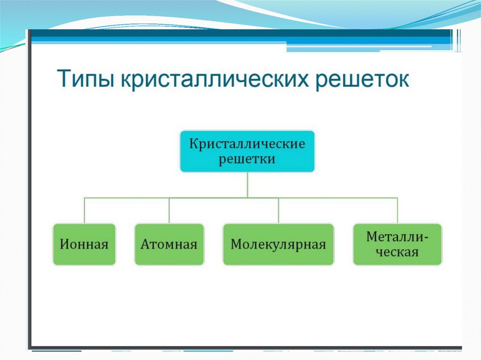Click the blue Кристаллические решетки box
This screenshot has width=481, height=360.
pyautogui.click(x=247, y=151)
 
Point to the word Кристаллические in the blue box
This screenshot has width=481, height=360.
pyautogui.click(x=247, y=143)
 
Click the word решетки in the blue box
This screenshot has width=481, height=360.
pyautogui.click(x=247, y=159)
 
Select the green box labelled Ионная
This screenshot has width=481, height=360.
pyautogui.click(x=84, y=244)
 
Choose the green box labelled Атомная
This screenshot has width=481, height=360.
pyautogui.click(x=169, y=244)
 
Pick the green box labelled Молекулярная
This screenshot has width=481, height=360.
pyautogui.click(x=279, y=244)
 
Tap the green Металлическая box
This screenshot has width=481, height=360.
pyautogui.click(x=397, y=244)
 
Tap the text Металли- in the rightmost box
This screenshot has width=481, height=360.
pyautogui.click(x=397, y=237)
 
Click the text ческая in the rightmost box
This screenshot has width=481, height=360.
pyautogui.click(x=397, y=252)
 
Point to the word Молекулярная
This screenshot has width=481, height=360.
pyautogui.click(x=279, y=245)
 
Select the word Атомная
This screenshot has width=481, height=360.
pyautogui.click(x=169, y=245)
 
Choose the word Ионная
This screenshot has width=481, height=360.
pyautogui.click(x=84, y=245)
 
